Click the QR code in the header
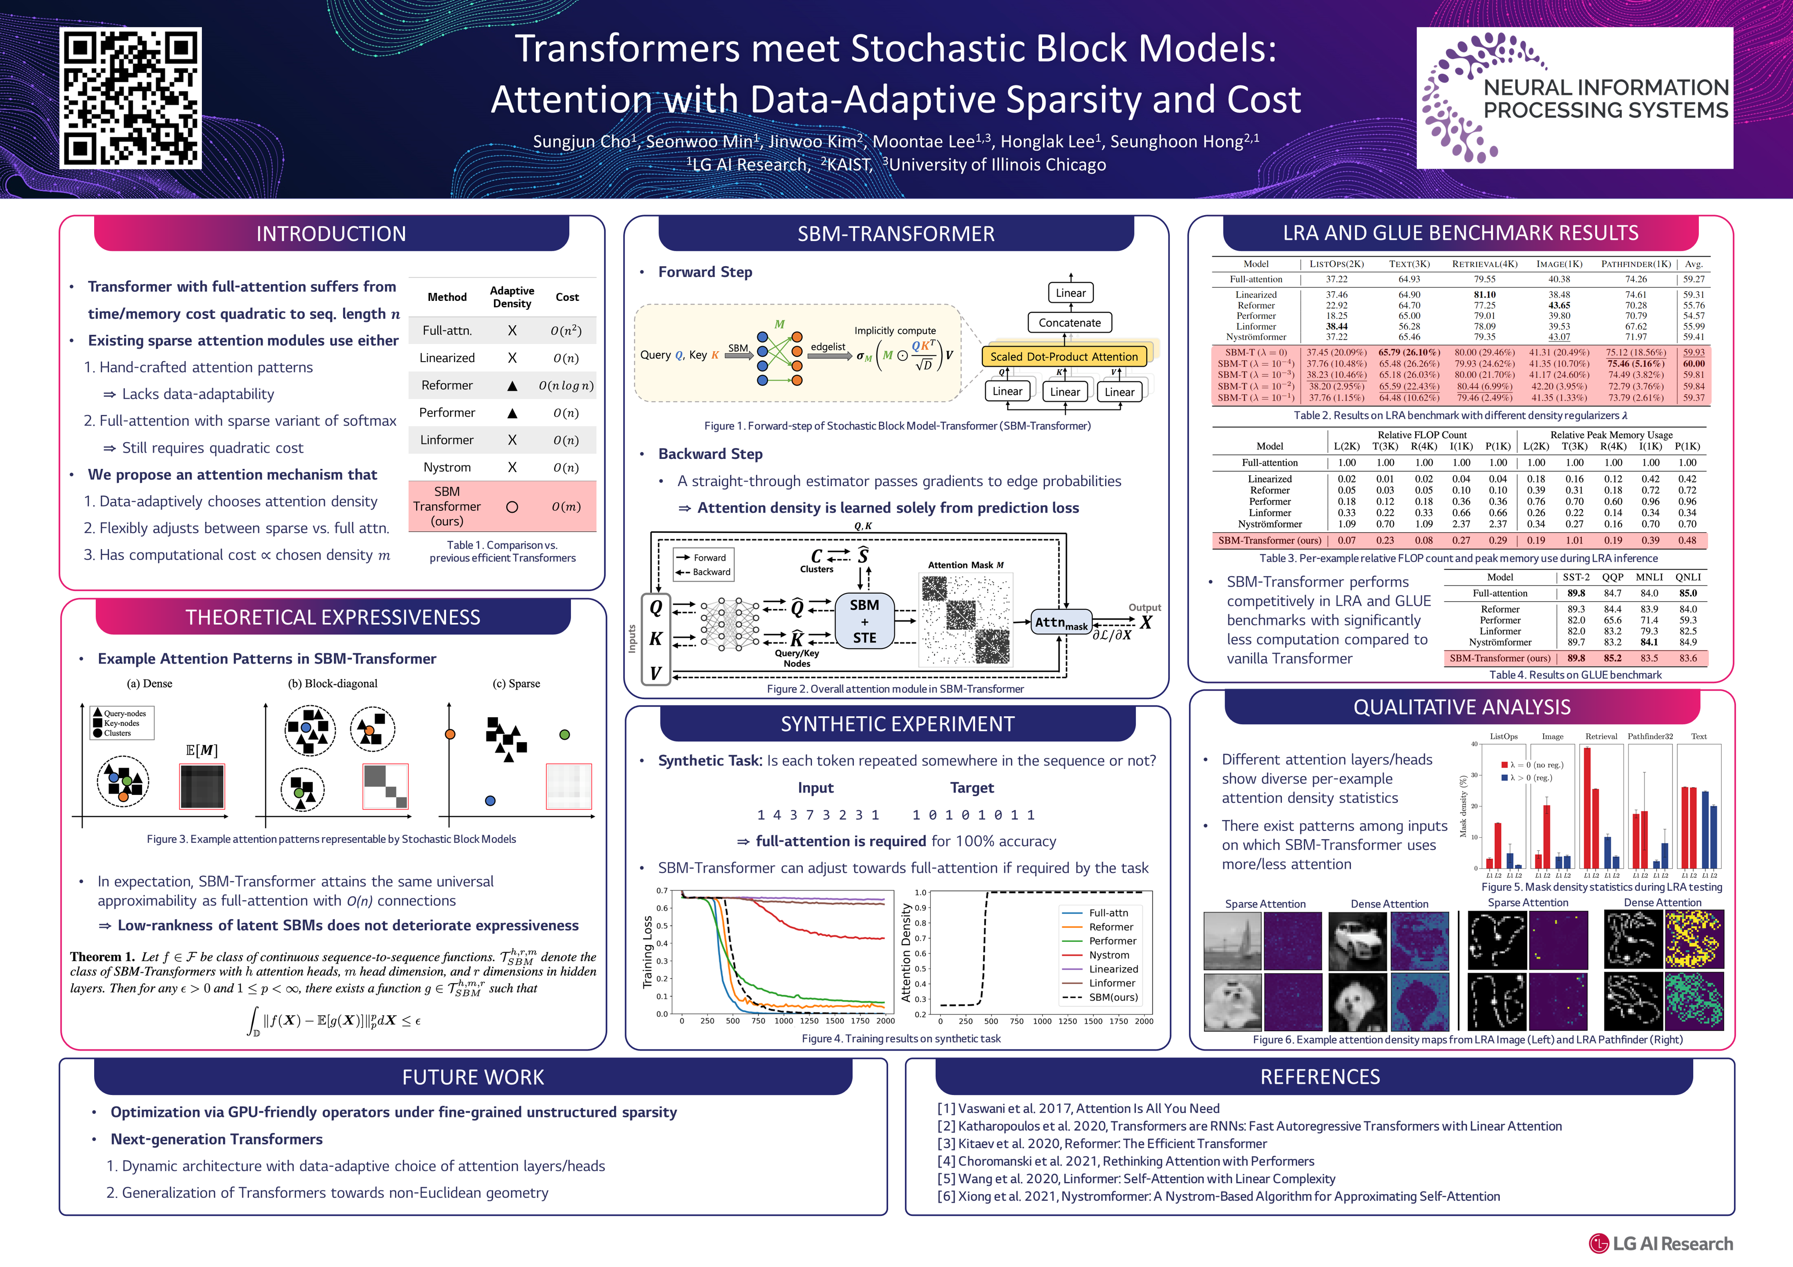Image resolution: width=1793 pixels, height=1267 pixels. pyautogui.click(x=130, y=99)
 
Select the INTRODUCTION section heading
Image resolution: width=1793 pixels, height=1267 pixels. pyautogui.click(x=331, y=234)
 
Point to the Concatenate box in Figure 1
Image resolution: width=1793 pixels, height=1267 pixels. pyautogui.click(x=1069, y=322)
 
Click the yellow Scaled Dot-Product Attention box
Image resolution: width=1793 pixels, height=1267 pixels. pyautogui.click(x=1064, y=356)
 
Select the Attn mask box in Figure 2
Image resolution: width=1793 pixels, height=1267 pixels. pyautogui.click(x=1061, y=623)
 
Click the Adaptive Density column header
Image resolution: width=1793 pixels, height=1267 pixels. pyautogui.click(x=512, y=297)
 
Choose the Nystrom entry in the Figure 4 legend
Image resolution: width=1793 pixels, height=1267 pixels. pyautogui.click(x=1108, y=955)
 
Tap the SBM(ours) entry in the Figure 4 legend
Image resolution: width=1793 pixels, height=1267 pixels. pyautogui.click(x=1113, y=997)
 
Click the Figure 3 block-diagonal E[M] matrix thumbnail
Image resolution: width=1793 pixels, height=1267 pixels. pyautogui.click(x=385, y=786)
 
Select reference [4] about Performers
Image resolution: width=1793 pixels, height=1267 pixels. pyautogui.click(x=1125, y=1161)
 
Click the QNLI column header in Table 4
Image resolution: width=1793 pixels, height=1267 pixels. pyautogui.click(x=1687, y=577)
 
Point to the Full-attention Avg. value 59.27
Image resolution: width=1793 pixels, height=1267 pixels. pyautogui.click(x=1694, y=279)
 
